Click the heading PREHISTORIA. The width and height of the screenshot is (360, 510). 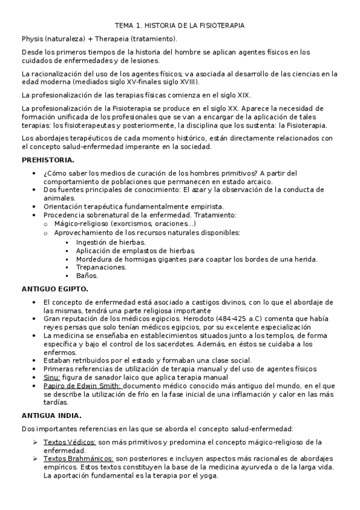click(x=48, y=160)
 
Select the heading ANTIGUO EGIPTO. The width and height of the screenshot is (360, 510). click(x=55, y=289)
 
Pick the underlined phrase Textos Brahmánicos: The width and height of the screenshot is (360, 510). click(x=78, y=459)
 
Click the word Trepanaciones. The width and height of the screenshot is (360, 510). click(x=101, y=267)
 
